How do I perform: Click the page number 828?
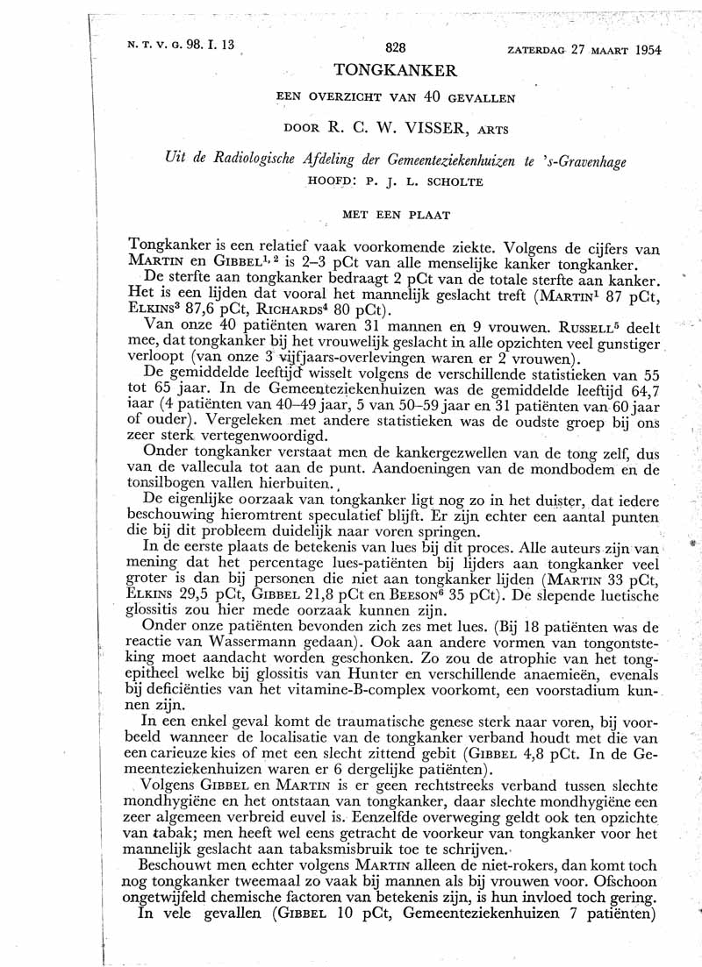click(398, 50)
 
